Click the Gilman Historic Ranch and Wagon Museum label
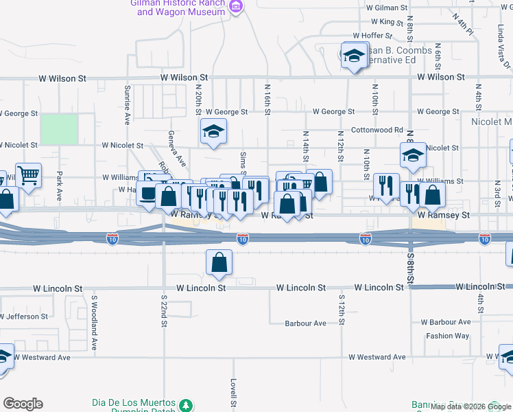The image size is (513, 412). pyautogui.click(x=178, y=7)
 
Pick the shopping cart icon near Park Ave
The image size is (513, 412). pyautogui.click(x=28, y=176)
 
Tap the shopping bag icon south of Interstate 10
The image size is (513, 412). pyautogui.click(x=219, y=262)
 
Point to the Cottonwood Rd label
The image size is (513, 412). pyautogui.click(x=377, y=130)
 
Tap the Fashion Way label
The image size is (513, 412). pyautogui.click(x=447, y=336)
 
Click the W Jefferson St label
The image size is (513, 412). pyautogui.click(x=24, y=317)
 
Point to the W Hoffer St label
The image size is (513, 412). pyautogui.click(x=372, y=36)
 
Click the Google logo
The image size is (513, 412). pyautogui.click(x=23, y=404)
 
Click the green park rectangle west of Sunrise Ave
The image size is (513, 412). pyautogui.click(x=59, y=129)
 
